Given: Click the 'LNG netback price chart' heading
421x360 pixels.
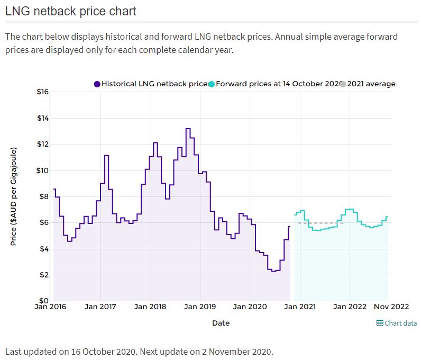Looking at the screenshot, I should click(x=71, y=11).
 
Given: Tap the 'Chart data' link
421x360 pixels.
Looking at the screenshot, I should click(x=400, y=323).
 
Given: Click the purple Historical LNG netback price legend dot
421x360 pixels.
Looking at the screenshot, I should click(x=97, y=84).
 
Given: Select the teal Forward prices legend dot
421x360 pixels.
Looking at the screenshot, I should click(x=212, y=84).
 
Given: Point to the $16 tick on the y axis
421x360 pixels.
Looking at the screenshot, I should click(x=43, y=92).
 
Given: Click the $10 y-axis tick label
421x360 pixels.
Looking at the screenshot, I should click(x=43, y=170).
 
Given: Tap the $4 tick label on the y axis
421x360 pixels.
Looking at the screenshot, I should click(x=43, y=249).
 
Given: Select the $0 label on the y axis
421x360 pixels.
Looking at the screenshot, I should click(x=43, y=301).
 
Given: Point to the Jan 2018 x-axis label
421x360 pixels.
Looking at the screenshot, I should click(x=150, y=307).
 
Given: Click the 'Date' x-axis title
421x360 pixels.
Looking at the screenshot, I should click(x=221, y=323).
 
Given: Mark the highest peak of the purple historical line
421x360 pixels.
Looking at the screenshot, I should click(x=188, y=129).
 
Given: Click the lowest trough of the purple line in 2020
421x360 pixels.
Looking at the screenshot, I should click(x=273, y=271).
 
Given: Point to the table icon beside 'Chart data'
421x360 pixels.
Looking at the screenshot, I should click(x=379, y=323).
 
